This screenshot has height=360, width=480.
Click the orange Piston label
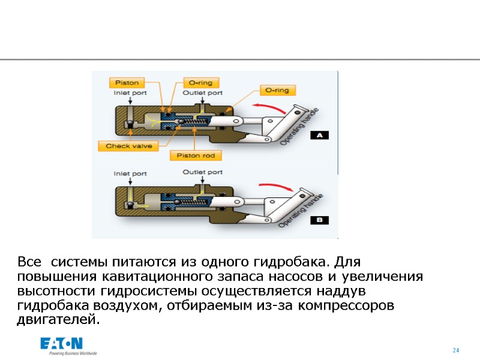(127, 83)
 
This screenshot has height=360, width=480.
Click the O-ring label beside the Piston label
(200, 83)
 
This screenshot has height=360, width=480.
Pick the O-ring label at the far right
(277, 91)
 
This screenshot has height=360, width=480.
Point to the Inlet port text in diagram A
(130, 93)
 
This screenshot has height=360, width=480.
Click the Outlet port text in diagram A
(202, 93)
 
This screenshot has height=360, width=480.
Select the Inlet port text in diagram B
(130, 174)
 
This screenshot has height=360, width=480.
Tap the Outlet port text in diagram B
(202, 172)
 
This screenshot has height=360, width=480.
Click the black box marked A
(319, 136)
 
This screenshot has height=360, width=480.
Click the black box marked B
(319, 220)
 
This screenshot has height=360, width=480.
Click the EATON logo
(61, 344)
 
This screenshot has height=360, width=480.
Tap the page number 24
(455, 350)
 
